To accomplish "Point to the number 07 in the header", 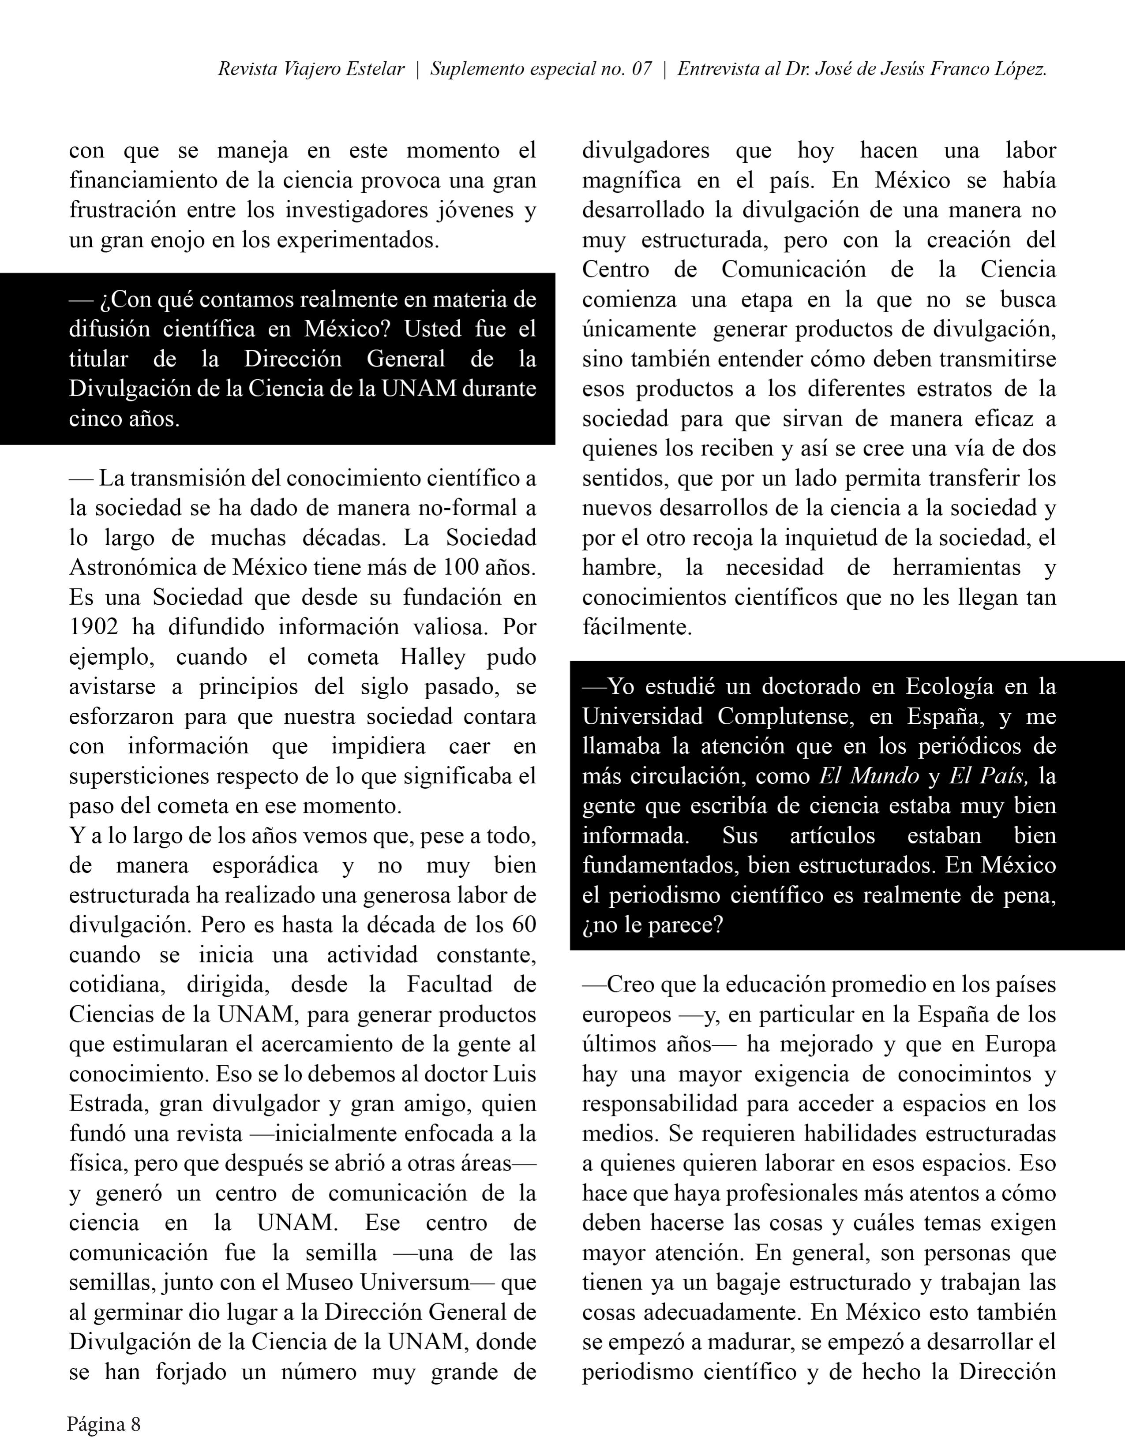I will pos(641,69).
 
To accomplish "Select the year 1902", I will pos(94,627).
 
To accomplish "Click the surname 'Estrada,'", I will pos(107,1103).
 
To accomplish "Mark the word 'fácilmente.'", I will pos(637,627).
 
